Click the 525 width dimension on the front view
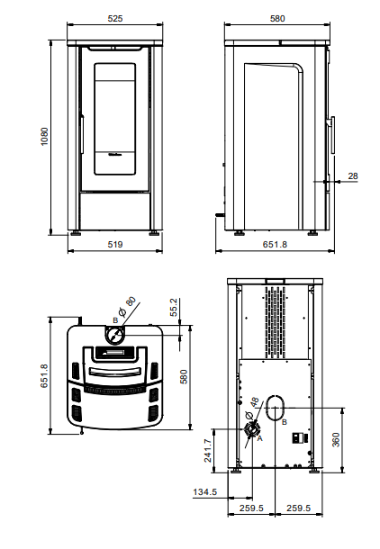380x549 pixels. pos(115,17)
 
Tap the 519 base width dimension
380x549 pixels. pos(115,245)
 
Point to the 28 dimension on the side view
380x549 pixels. pos(353,176)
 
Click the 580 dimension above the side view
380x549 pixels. pos(277,17)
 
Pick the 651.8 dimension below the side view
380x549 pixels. pos(274,245)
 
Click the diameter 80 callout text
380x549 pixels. pos(128,302)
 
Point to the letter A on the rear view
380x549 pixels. pos(259,438)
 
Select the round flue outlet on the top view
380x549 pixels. pos(115,337)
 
